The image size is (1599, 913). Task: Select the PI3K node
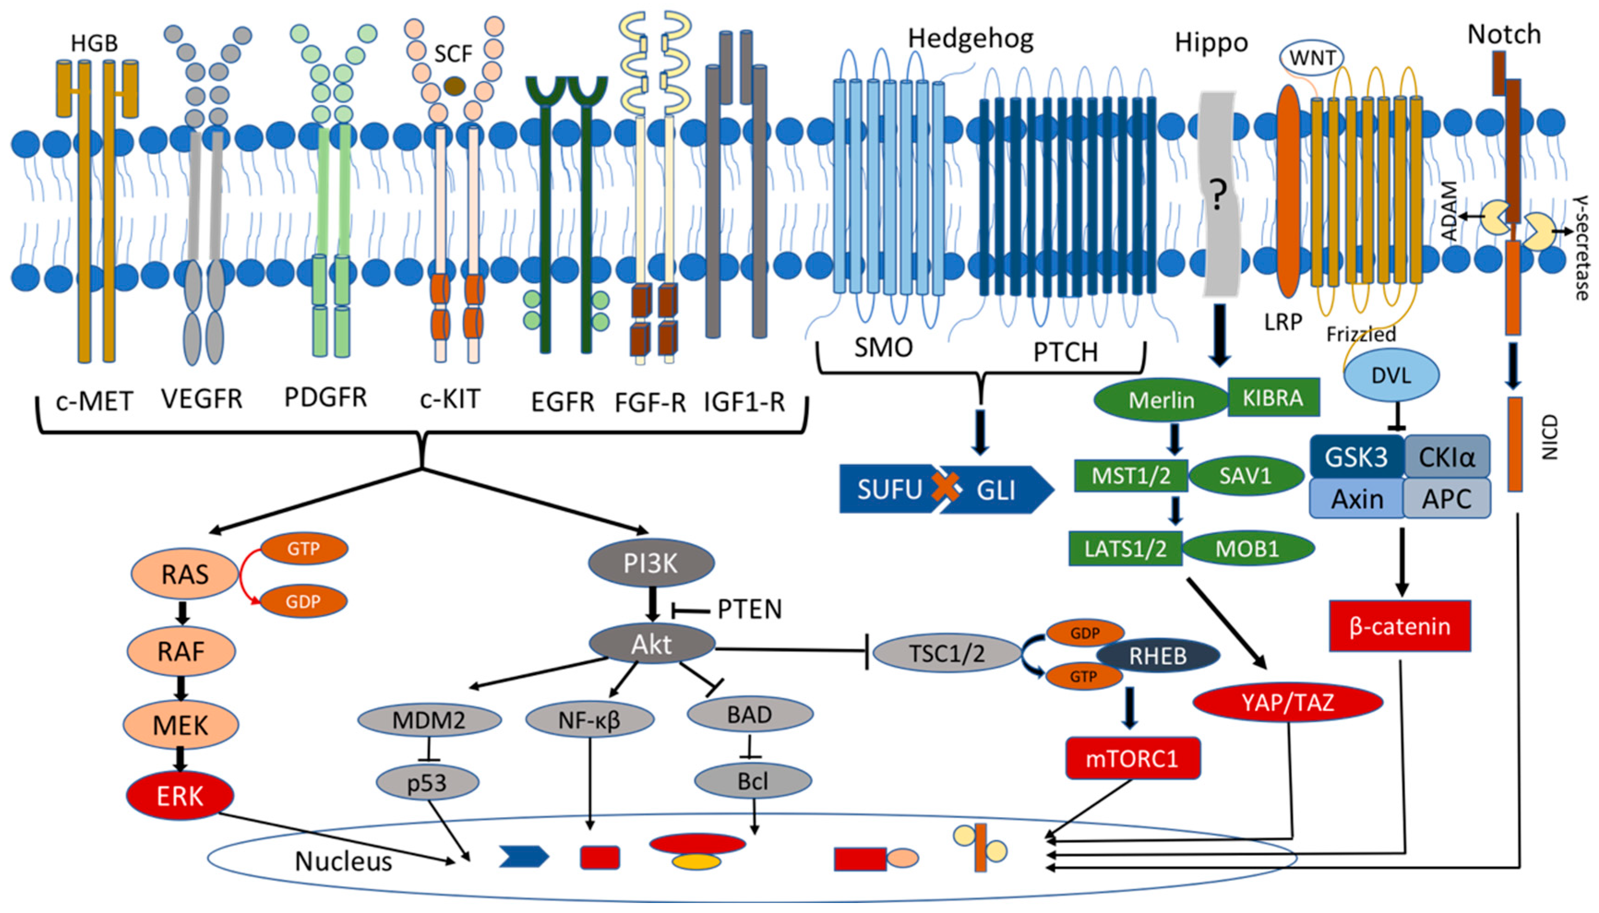tap(650, 563)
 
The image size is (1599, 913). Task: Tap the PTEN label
tap(749, 609)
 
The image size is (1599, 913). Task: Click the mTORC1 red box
tap(1132, 758)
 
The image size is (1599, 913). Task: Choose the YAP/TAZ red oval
tap(1287, 702)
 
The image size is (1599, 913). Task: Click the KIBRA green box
tap(1273, 397)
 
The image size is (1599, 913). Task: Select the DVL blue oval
tap(1391, 375)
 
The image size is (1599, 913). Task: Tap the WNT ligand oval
tap(1311, 58)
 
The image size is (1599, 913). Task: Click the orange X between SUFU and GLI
tap(945, 487)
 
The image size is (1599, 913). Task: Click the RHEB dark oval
tap(1157, 655)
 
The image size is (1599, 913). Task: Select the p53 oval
tap(427, 783)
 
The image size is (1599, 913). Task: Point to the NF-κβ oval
tap(590, 720)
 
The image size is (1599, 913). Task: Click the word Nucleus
tap(343, 861)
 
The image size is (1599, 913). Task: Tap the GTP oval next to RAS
tap(304, 549)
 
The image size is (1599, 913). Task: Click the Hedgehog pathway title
tap(970, 39)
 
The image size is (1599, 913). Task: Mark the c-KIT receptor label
tap(450, 399)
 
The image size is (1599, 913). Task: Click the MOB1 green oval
tap(1247, 549)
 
